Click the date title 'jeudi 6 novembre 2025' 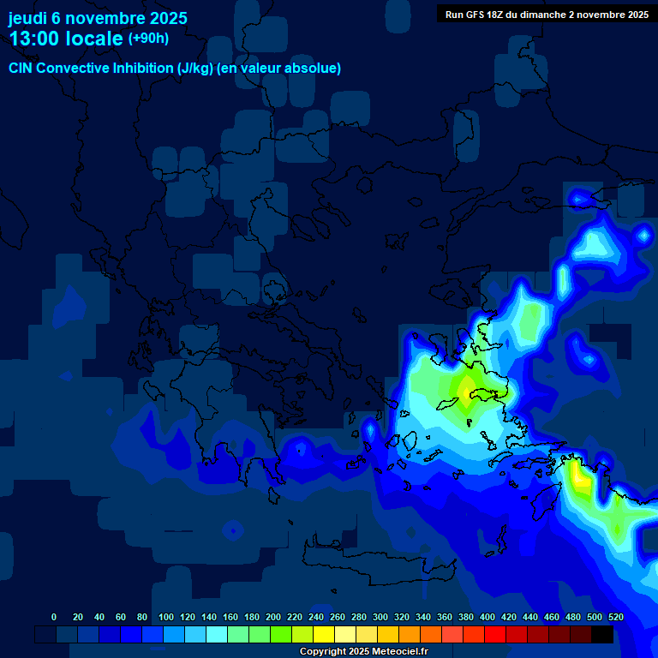(x=98, y=18)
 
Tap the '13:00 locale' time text (x=66, y=39)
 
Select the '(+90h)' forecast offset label (x=148, y=39)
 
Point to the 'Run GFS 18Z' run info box (x=546, y=14)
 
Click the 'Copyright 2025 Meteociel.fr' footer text (x=363, y=651)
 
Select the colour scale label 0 (x=54, y=617)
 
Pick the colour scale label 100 (x=166, y=617)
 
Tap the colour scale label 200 (x=273, y=617)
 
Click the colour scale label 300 (x=380, y=617)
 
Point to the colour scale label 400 (x=488, y=617)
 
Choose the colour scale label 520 (x=616, y=617)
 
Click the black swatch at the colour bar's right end (x=602, y=634)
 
